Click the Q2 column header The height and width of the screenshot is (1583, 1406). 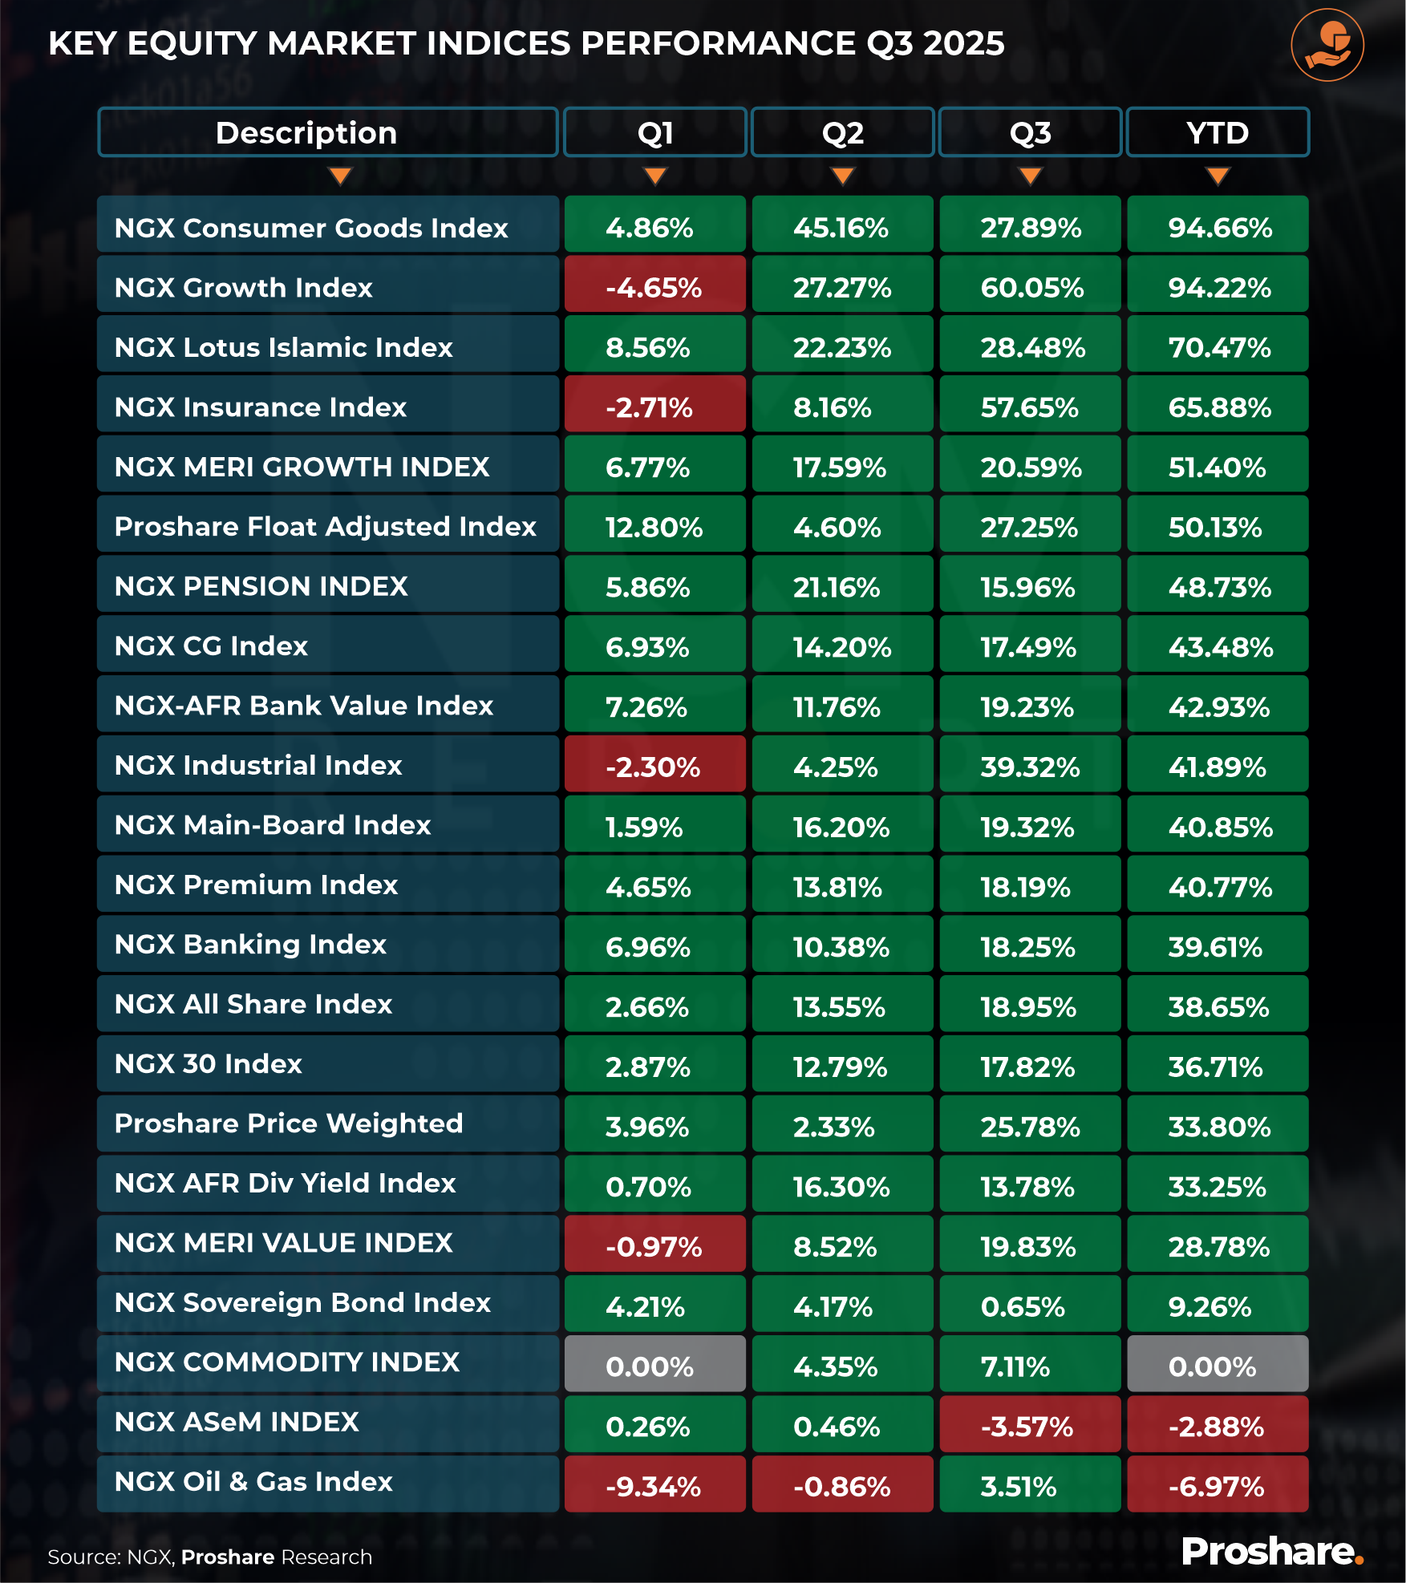(x=842, y=132)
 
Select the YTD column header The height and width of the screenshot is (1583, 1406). (x=1218, y=132)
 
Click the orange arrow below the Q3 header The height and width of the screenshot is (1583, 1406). (x=1030, y=176)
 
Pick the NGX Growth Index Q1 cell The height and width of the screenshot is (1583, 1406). (x=654, y=287)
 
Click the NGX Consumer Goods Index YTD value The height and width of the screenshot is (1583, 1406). (x=1218, y=228)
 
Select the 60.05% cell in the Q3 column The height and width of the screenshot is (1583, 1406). (x=1030, y=287)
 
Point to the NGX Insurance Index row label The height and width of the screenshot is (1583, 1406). (x=261, y=407)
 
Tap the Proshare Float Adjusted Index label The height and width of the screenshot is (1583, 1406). (x=325, y=527)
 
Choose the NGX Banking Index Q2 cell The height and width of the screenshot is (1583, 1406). (x=842, y=946)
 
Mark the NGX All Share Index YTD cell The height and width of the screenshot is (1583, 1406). (x=1218, y=1006)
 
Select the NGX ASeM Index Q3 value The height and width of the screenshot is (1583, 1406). (x=1030, y=1426)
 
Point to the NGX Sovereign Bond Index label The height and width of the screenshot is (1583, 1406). (x=302, y=1303)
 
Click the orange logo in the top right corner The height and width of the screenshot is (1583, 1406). (x=1327, y=46)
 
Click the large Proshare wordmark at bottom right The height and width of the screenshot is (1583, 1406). (x=1271, y=1552)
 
